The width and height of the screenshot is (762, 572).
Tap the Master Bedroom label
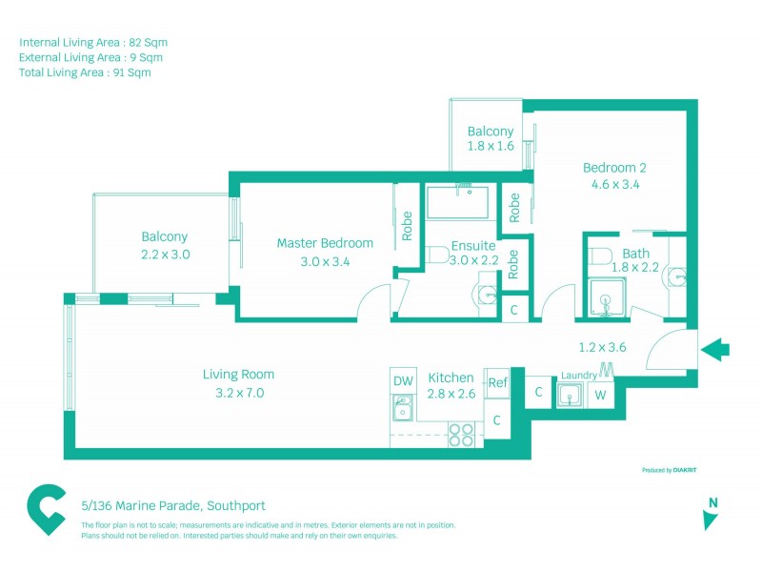point(325,243)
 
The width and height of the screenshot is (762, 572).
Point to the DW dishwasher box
point(403,381)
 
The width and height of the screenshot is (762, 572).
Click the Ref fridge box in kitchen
point(497,382)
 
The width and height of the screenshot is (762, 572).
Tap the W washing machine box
point(600,395)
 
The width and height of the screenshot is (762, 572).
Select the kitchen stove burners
point(462,434)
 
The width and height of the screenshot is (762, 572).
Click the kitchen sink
point(402,412)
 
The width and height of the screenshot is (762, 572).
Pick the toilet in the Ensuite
point(437,255)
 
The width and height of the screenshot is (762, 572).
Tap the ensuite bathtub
point(456,202)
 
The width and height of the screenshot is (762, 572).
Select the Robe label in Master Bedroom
point(407,224)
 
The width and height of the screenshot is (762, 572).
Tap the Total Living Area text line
point(85,71)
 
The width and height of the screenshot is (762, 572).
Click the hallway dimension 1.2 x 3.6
point(602,347)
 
